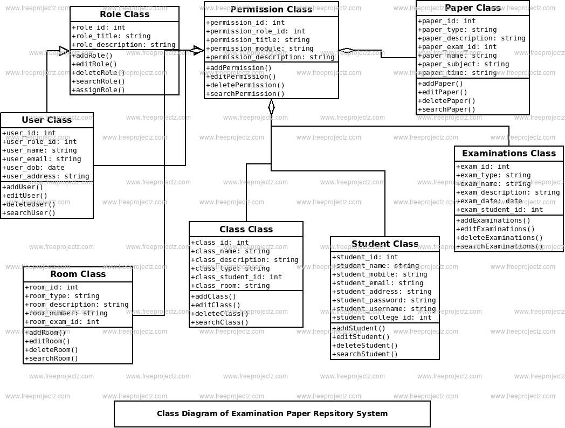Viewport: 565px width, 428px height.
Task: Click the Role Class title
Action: (125, 15)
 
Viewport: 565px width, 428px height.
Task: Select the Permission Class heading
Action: (271, 9)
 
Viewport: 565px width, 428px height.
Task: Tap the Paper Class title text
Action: (473, 8)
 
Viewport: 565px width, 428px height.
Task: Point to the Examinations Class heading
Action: (509, 154)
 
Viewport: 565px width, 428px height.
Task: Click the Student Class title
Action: (385, 244)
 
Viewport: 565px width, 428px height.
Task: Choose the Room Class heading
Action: (78, 274)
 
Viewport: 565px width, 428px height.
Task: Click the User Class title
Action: (47, 120)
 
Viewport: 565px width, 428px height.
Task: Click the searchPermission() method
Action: (245, 94)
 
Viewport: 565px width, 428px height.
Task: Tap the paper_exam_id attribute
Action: (458, 47)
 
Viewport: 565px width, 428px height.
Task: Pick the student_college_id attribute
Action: (382, 317)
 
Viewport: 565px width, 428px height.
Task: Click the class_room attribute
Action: (230, 286)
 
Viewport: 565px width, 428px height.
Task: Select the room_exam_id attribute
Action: (63, 322)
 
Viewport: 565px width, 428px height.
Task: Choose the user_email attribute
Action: (42, 159)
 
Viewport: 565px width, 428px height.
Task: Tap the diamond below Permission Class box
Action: (271, 107)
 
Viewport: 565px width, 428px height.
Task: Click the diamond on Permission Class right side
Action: (347, 51)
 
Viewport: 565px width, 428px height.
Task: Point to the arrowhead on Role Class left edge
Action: (65, 51)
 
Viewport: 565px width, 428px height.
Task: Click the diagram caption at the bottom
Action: (272, 414)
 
